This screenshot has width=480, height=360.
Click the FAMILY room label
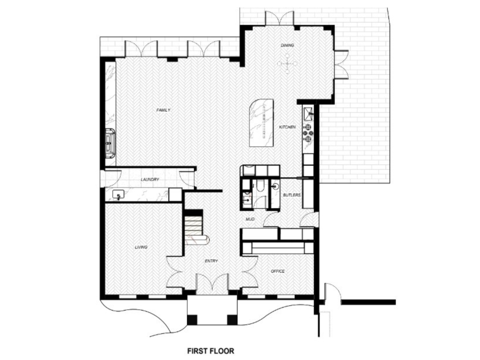point(163,110)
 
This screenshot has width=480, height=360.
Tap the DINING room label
point(287,45)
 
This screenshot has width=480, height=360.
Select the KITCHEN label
point(287,127)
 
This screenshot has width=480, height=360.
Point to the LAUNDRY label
point(150,180)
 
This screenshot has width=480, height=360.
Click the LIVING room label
point(141,247)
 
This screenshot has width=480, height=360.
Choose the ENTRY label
point(211,261)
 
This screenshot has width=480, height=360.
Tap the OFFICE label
point(278,271)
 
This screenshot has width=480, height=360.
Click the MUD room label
point(250,219)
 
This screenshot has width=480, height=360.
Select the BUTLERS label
point(292,195)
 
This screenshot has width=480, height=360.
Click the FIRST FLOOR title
point(210,351)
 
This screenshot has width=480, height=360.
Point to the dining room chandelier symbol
point(287,64)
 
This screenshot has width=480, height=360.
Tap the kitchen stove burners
point(308,133)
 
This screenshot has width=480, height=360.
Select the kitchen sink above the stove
point(308,114)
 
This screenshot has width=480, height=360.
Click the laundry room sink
point(118,194)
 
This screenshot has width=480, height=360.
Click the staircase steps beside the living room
point(193,227)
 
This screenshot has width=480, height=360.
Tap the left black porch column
point(192,320)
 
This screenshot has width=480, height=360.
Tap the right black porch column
point(232,320)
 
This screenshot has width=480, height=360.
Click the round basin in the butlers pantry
point(275,186)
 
